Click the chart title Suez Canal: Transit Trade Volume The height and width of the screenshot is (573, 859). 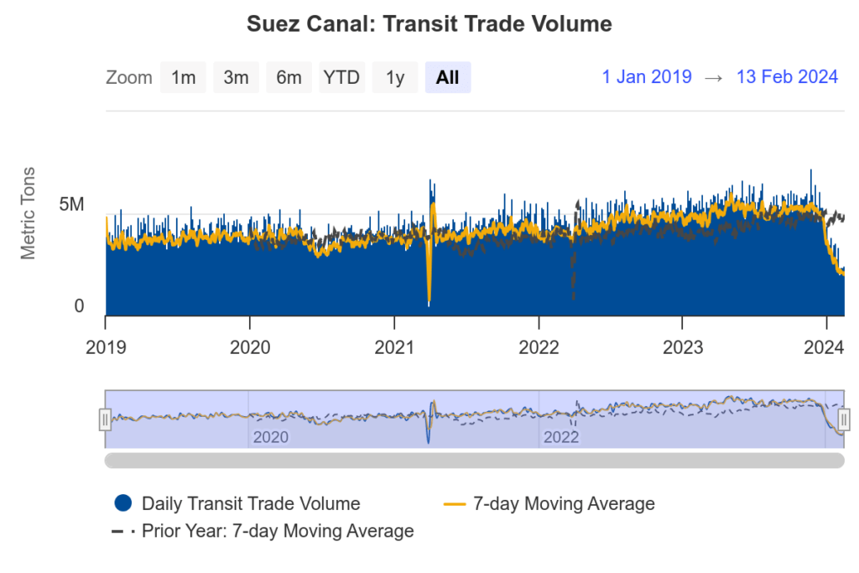[x=429, y=24]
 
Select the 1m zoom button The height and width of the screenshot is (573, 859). [x=183, y=78]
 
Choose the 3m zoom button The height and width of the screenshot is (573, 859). [x=236, y=78]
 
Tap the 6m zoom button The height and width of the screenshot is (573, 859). [x=289, y=78]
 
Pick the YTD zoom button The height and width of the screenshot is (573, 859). [x=341, y=78]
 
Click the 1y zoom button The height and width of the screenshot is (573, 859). [x=395, y=78]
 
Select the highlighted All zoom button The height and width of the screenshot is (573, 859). [x=448, y=78]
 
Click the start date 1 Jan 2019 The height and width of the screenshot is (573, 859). [x=647, y=77]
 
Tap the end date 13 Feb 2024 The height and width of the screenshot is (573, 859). [x=787, y=77]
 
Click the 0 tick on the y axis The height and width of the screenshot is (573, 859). [x=79, y=306]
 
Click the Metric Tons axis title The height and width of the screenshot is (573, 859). [x=29, y=213]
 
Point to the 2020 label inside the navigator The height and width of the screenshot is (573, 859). [x=270, y=437]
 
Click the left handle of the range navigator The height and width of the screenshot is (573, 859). [x=105, y=419]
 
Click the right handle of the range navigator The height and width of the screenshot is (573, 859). [x=844, y=419]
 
